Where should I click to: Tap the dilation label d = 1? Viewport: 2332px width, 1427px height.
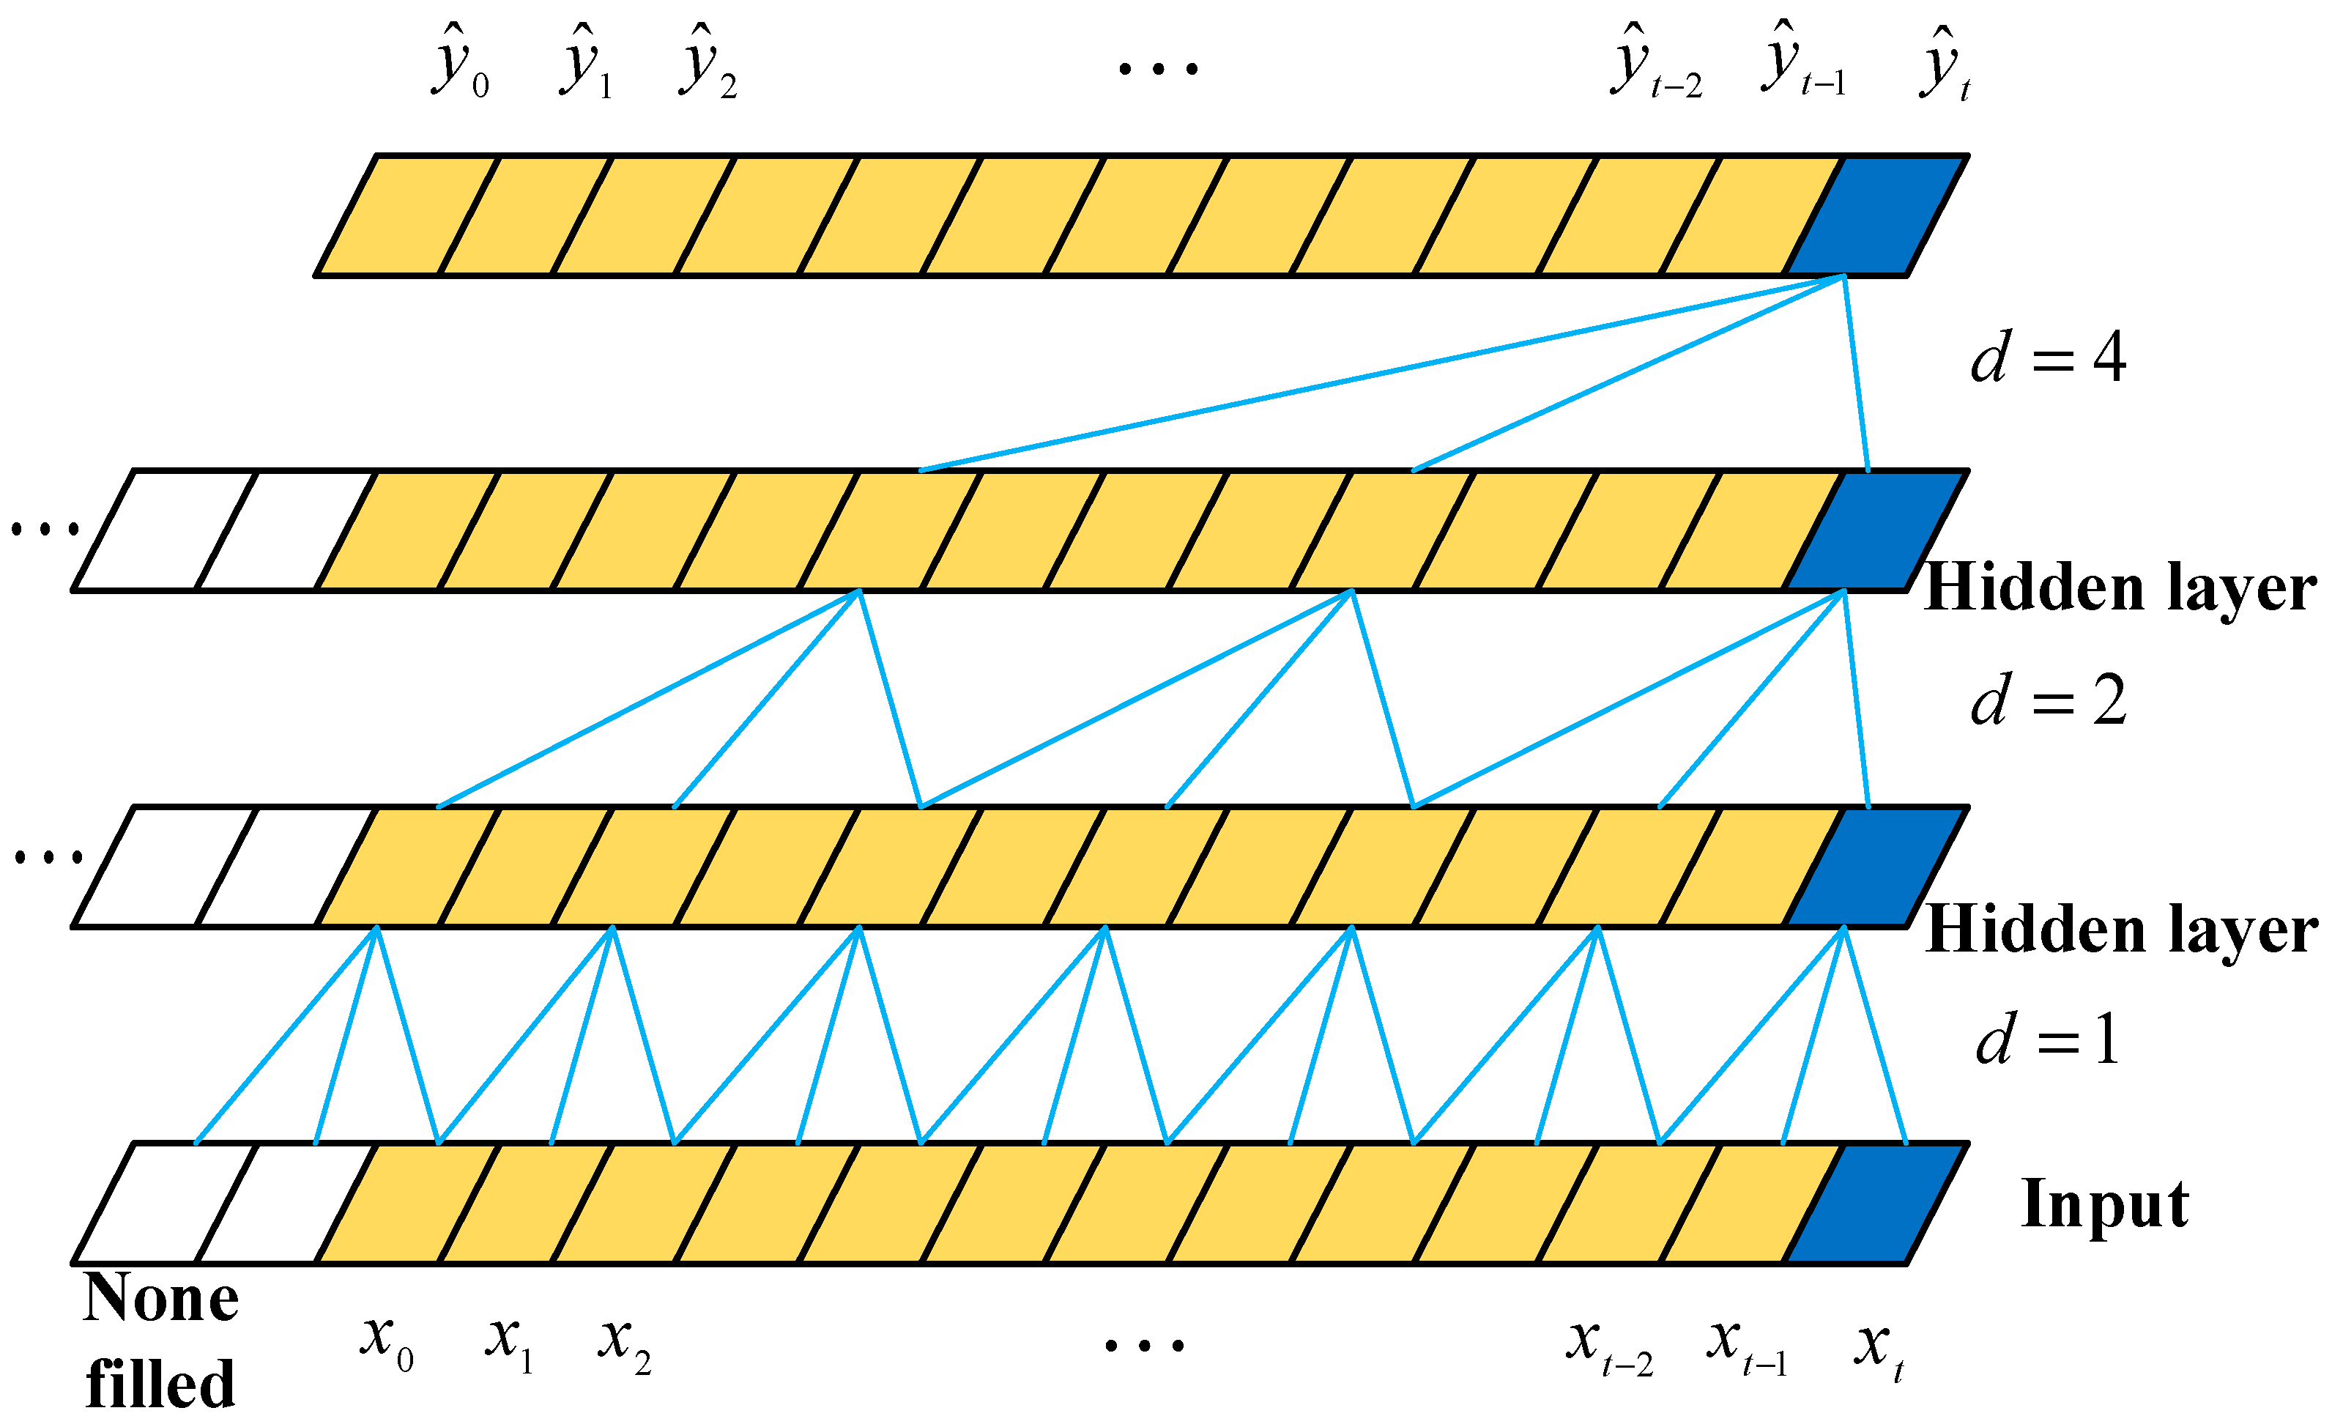click(x=2047, y=1039)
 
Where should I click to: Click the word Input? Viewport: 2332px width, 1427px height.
click(x=2105, y=1204)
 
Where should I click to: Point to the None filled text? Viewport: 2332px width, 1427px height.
click(x=161, y=1340)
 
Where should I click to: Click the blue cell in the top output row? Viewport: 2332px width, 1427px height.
click(x=1876, y=216)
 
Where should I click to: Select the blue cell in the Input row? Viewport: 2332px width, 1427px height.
click(x=1876, y=1204)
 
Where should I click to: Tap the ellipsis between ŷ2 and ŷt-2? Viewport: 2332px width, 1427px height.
click(x=1157, y=68)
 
